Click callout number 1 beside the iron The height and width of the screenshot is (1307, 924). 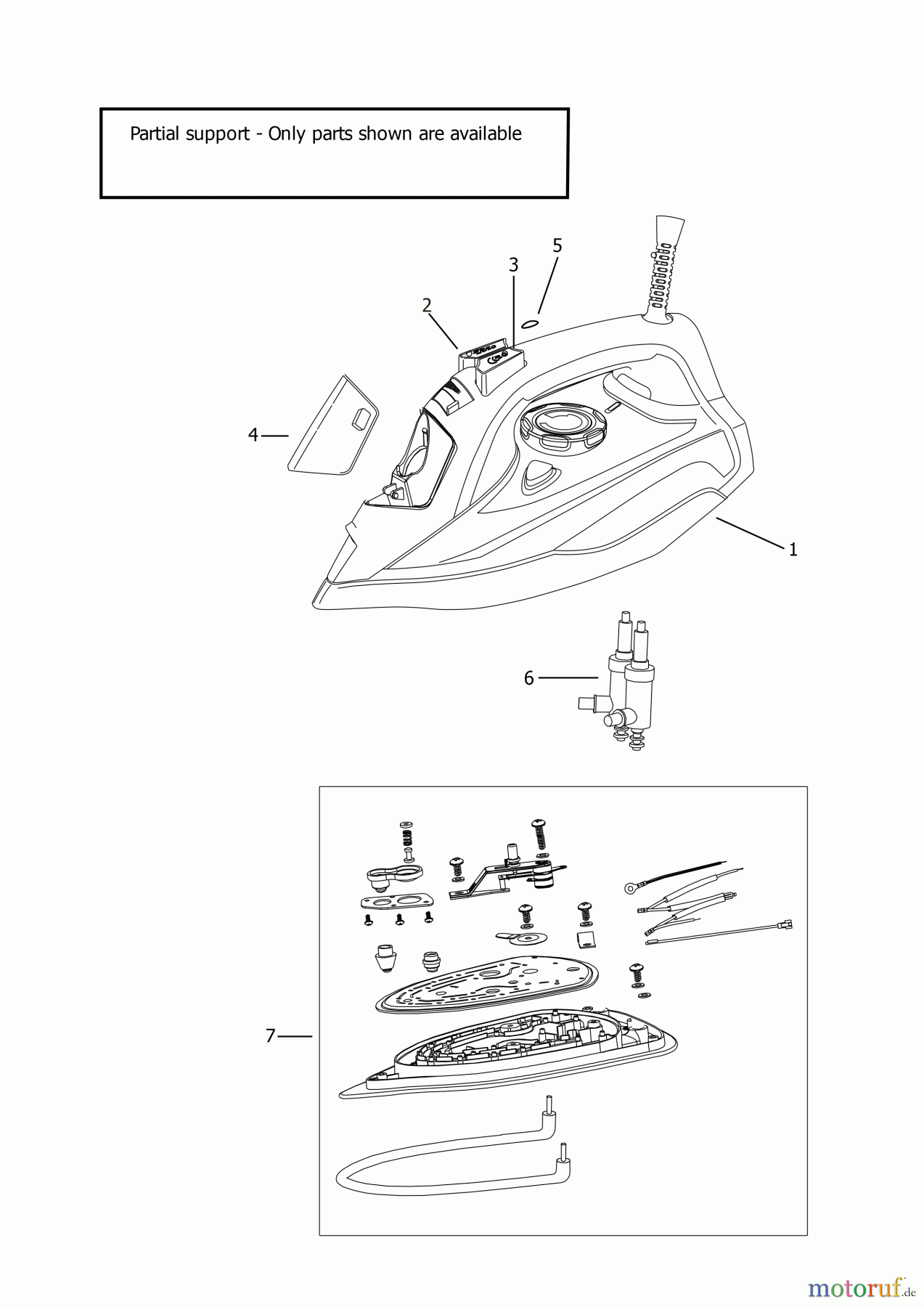pyautogui.click(x=793, y=550)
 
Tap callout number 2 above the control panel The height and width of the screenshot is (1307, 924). pyautogui.click(x=427, y=305)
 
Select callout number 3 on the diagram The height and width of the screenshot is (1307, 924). pyautogui.click(x=513, y=264)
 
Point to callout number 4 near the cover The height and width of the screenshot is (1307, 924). pyautogui.click(x=253, y=435)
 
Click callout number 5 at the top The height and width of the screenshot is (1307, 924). pyautogui.click(x=557, y=245)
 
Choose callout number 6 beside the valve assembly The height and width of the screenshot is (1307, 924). pyautogui.click(x=528, y=677)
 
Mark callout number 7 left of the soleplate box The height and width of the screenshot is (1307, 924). pyautogui.click(x=270, y=1036)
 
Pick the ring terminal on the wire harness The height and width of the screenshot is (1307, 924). pyautogui.click(x=630, y=887)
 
